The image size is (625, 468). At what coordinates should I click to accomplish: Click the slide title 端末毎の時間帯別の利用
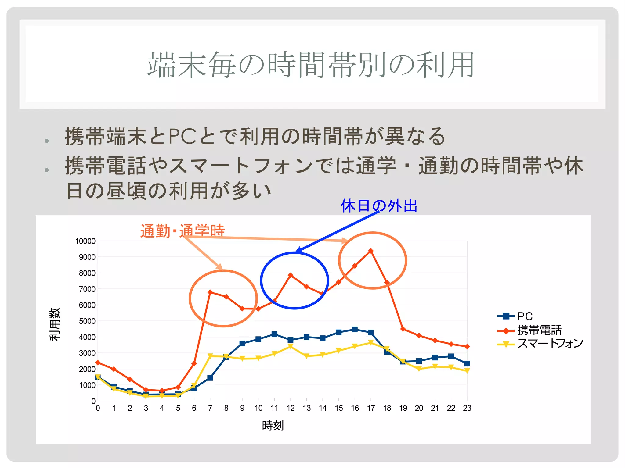(311, 65)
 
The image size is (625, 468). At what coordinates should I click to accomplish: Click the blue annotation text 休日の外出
(379, 205)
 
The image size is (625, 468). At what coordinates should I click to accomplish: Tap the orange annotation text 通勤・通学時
(182, 231)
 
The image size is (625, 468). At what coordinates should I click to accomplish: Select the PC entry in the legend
(525, 316)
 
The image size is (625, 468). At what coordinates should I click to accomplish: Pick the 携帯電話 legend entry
(539, 330)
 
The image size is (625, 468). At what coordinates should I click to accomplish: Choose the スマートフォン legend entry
(550, 344)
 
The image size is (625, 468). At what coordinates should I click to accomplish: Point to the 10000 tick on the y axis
(85, 241)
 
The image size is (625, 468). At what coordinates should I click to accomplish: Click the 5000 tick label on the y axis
(87, 321)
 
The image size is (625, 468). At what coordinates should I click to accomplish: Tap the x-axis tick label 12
(291, 408)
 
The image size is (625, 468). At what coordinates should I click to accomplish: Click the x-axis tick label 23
(467, 408)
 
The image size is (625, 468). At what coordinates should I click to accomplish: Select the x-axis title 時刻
(273, 426)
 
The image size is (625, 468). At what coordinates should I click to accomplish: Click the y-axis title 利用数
(55, 324)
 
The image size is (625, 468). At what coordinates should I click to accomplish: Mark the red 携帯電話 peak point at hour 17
(371, 251)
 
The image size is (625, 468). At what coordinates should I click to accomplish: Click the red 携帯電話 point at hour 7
(210, 292)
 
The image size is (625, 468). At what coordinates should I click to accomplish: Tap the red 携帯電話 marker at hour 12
(291, 275)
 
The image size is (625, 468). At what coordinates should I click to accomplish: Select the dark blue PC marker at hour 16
(355, 329)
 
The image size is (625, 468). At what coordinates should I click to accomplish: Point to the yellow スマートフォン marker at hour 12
(291, 347)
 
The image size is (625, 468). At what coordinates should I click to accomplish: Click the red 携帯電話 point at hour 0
(98, 363)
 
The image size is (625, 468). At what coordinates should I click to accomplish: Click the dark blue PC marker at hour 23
(467, 363)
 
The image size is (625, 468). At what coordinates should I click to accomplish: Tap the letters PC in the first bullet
(182, 136)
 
